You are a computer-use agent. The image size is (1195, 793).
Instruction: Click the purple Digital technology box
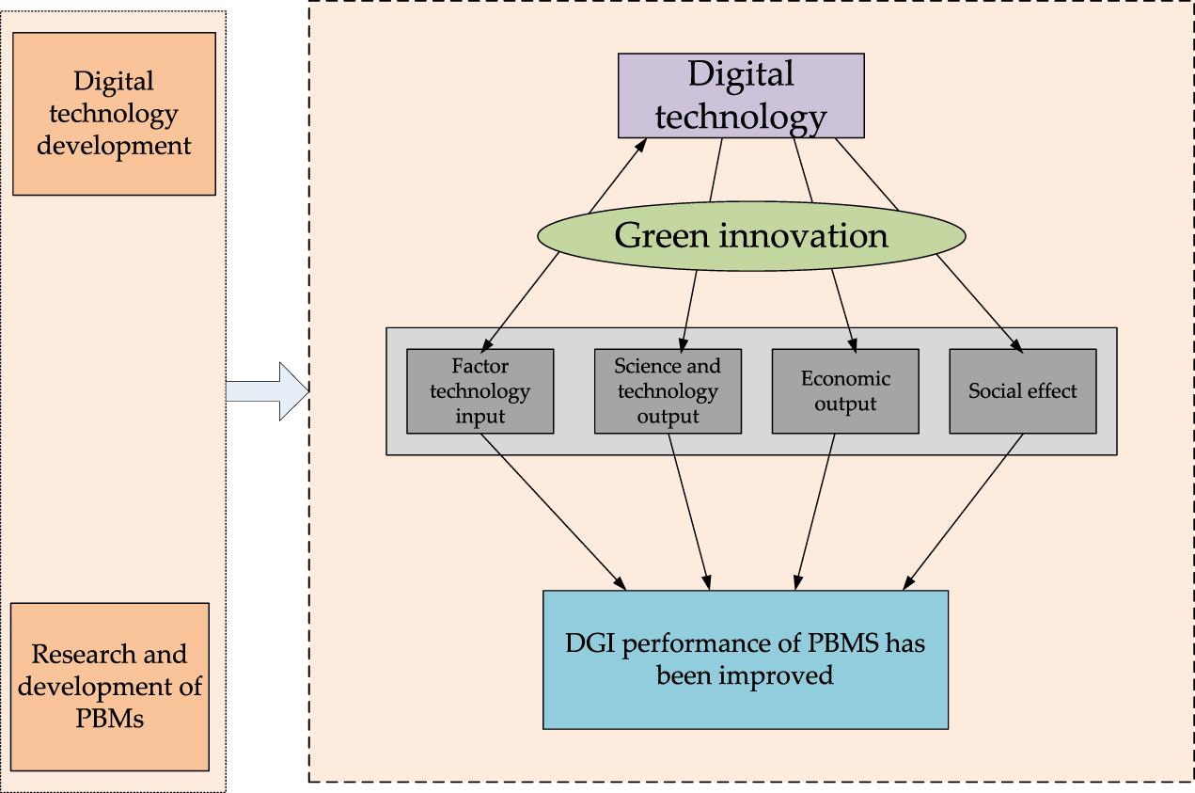(740, 95)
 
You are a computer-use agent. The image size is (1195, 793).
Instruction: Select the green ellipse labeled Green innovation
(751, 235)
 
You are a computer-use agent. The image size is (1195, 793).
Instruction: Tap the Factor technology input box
(480, 391)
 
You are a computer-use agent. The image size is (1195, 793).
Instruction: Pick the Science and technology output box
(668, 391)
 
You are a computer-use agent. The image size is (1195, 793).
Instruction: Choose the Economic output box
(844, 391)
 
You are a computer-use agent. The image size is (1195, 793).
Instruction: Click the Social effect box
(1022, 391)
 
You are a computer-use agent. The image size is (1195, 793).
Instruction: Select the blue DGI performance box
(745, 659)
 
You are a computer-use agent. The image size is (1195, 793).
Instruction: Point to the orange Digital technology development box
(114, 114)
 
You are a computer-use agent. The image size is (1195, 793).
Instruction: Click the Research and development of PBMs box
(110, 687)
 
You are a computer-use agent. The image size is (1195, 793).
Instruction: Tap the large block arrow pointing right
(268, 390)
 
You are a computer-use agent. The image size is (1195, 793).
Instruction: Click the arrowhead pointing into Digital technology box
(641, 144)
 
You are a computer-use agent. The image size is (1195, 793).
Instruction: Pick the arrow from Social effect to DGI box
(964, 513)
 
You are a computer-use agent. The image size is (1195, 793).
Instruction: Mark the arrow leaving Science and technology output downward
(689, 513)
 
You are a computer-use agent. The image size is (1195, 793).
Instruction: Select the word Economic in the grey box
(845, 378)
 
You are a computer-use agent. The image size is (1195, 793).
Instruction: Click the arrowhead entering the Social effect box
(1014, 344)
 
